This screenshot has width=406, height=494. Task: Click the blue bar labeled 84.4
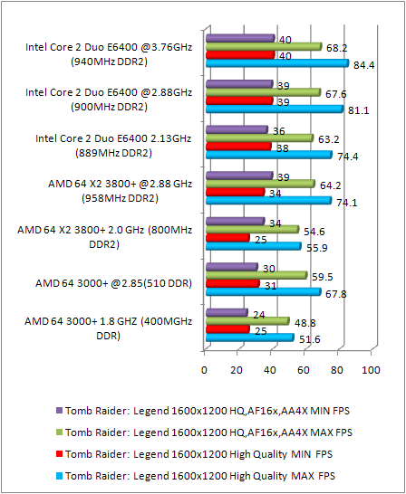pos(276,63)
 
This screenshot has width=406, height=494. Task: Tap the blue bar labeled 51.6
pos(249,337)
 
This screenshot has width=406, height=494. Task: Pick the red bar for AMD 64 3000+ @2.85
pos(232,283)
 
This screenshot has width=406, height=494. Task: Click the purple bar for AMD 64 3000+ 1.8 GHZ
pos(226,313)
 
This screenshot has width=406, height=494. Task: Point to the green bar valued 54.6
pos(251,229)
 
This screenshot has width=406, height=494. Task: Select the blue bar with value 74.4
pos(268,155)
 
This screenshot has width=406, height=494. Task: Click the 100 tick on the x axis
pos(370,370)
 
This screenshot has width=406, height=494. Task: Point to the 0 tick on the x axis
pos(205,370)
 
